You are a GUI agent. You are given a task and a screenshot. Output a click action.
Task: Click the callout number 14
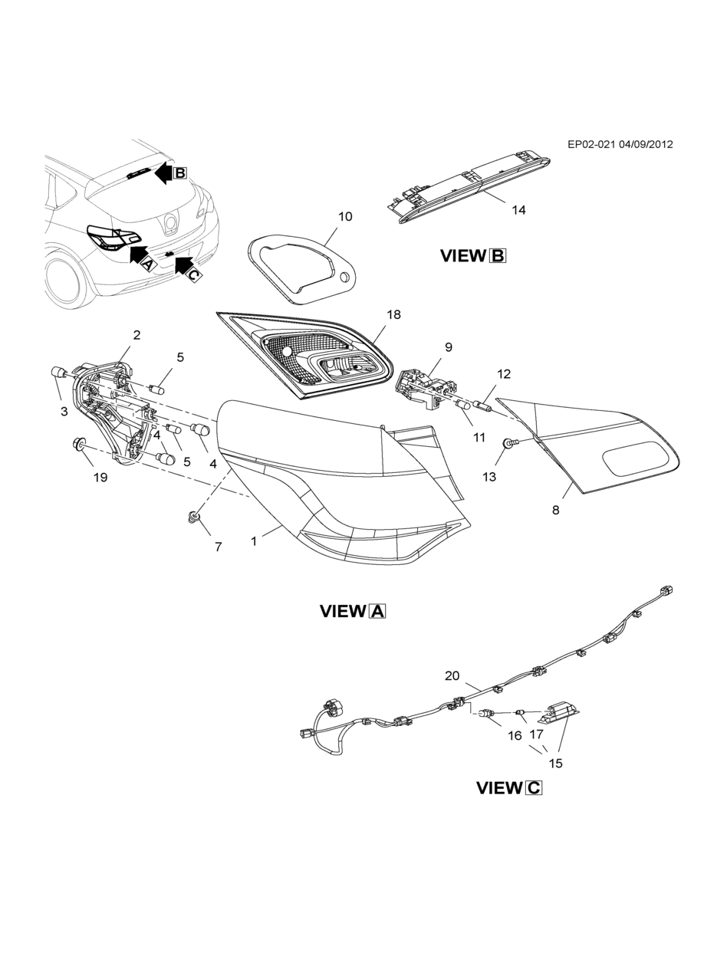[x=519, y=210]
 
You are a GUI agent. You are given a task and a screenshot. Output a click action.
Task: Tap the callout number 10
[x=345, y=216]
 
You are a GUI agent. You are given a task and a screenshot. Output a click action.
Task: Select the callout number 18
[x=394, y=314]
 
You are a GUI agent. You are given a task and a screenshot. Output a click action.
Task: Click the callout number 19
[x=100, y=478]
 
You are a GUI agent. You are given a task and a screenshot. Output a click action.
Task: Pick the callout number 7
[x=219, y=547]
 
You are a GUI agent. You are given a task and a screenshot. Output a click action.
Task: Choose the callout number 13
[x=489, y=478]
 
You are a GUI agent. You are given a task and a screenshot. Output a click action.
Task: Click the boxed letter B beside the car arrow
[x=180, y=173]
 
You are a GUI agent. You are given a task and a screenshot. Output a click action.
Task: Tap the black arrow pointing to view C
[x=183, y=265]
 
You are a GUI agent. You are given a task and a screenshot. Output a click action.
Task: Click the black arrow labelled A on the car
[x=139, y=255]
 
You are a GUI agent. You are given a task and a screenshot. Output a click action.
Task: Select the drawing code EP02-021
[x=591, y=144]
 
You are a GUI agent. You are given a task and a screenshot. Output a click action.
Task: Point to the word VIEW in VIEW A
[x=343, y=611]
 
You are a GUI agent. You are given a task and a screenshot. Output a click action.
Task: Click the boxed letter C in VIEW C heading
[x=534, y=788]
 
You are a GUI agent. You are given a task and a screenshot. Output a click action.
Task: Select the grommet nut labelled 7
[x=193, y=517]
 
